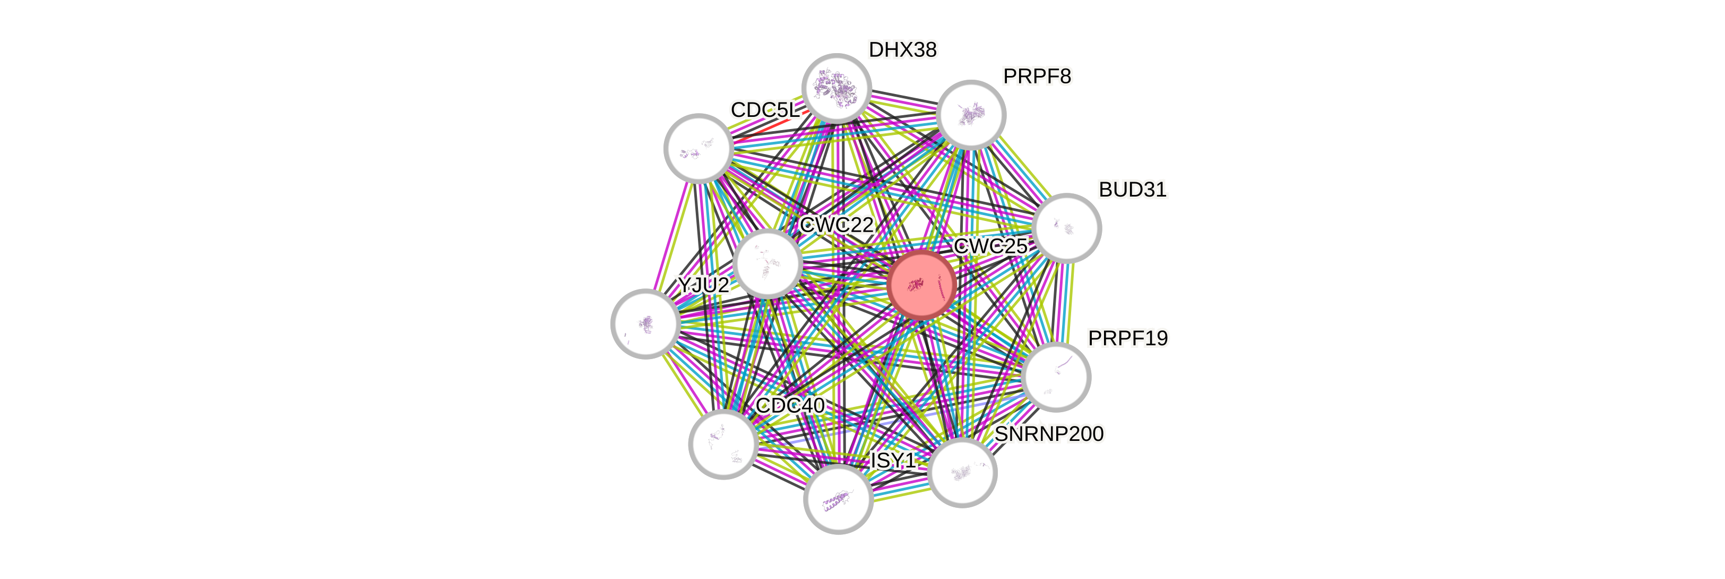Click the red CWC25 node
[922, 284]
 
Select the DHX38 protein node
[836, 88]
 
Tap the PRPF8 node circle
[971, 115]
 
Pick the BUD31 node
[1066, 228]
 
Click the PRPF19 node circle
[1057, 377]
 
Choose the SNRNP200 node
[962, 472]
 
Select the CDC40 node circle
[723, 444]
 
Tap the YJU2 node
[645, 323]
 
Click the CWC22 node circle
[767, 263]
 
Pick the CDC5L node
[698, 148]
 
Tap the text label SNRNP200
[1049, 435]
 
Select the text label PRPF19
[1128, 338]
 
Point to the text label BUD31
[1132, 190]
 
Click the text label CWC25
[990, 246]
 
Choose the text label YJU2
[702, 285]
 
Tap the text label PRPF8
[1037, 77]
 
